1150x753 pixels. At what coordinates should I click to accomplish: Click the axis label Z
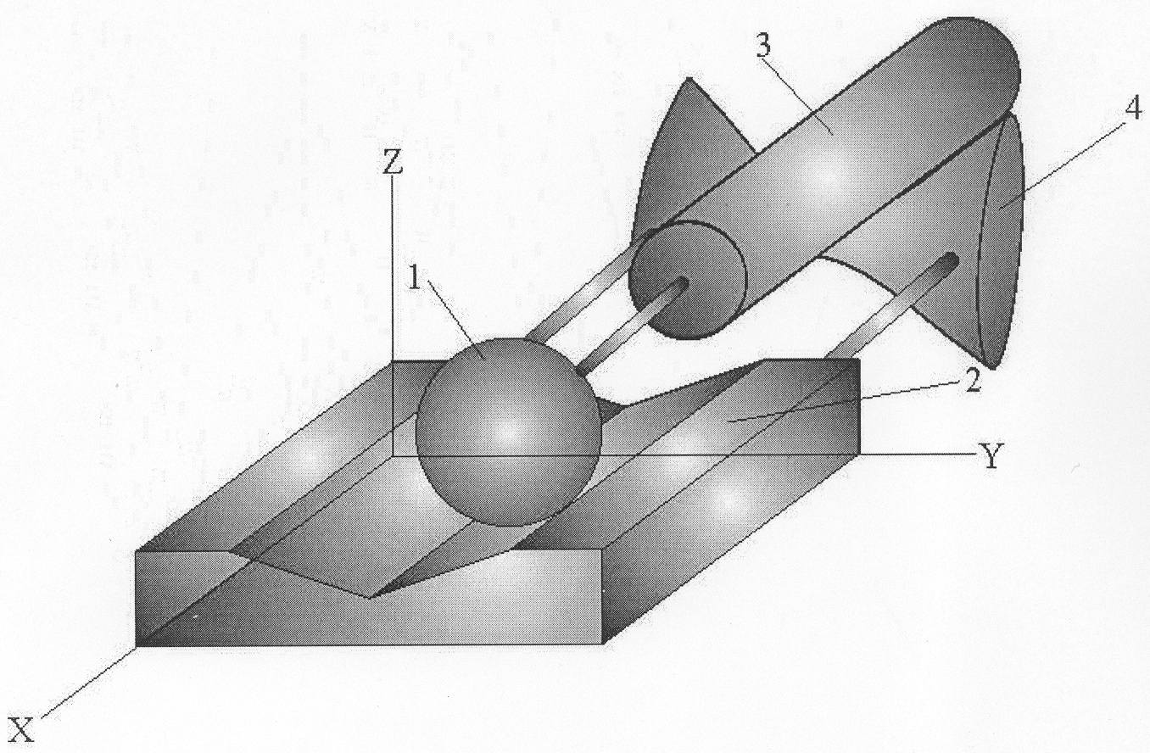click(393, 163)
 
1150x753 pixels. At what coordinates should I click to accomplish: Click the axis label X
click(21, 730)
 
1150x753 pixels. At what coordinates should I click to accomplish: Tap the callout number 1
click(415, 279)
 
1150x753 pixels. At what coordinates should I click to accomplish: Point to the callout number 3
click(763, 46)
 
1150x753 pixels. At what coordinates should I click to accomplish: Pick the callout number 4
click(1134, 109)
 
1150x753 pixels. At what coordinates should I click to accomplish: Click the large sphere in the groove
click(508, 432)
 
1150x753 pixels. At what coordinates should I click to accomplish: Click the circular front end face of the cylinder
click(688, 280)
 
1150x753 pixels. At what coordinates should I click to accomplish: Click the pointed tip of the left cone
click(689, 79)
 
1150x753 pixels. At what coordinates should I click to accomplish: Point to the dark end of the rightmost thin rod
click(951, 261)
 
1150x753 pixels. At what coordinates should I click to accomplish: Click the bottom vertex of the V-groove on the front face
click(369, 598)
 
